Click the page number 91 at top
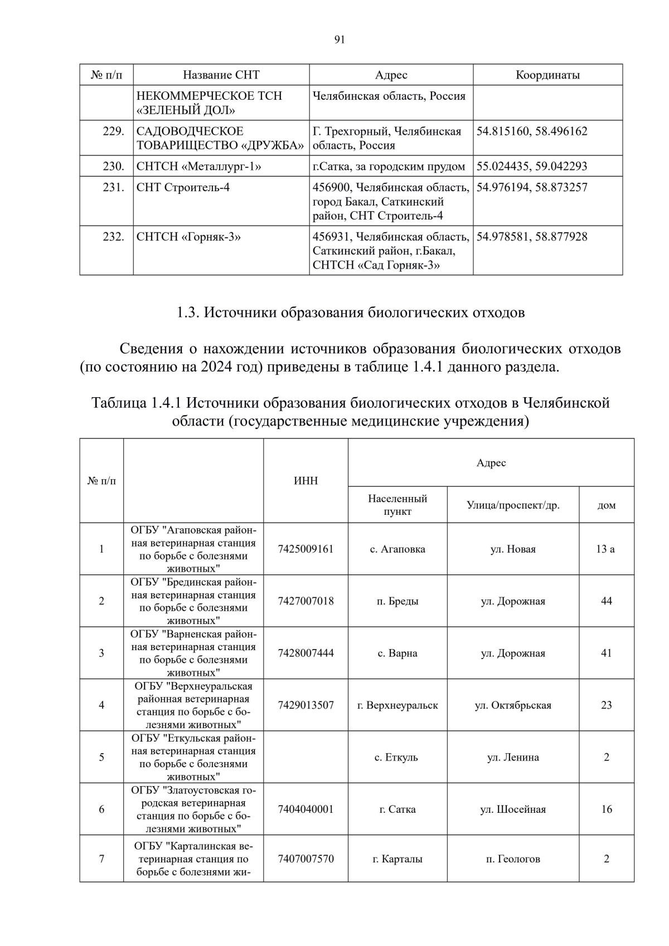(340, 40)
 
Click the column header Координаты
(547, 75)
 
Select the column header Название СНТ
(221, 75)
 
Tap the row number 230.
(113, 167)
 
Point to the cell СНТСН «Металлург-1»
(198, 167)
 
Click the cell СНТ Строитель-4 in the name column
(183, 188)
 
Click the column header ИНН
(306, 481)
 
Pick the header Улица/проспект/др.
(513, 505)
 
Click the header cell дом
(607, 505)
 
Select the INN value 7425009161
(306, 549)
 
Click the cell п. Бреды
(397, 601)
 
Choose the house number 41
(607, 653)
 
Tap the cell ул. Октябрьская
(513, 705)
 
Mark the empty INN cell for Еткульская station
(306, 757)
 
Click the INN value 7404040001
(306, 810)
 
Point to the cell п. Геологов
(513, 859)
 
